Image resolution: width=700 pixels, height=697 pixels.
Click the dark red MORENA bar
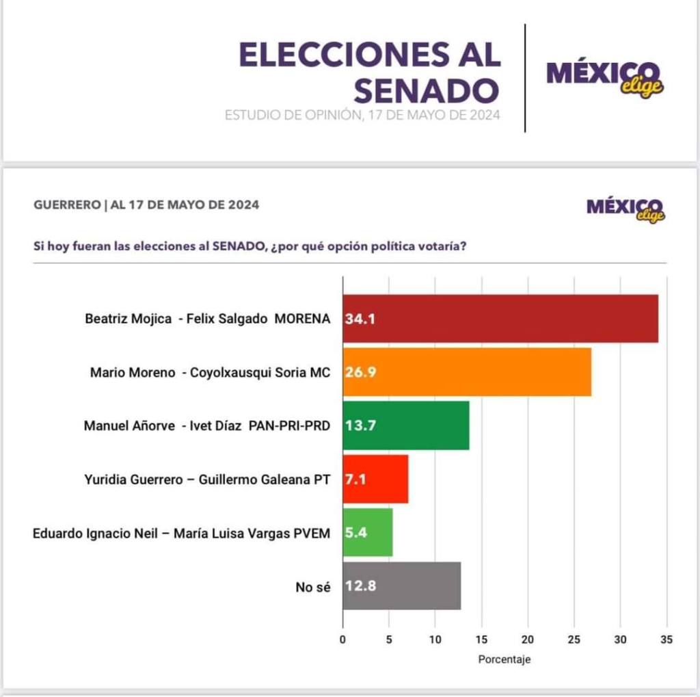click(500, 319)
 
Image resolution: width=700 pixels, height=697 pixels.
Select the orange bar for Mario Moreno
click(467, 372)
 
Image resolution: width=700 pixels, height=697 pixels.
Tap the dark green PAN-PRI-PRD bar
click(406, 425)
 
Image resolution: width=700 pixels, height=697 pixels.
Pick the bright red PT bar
click(375, 479)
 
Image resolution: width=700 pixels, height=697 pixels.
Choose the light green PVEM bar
click(368, 532)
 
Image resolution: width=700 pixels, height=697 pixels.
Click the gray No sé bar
click(402, 586)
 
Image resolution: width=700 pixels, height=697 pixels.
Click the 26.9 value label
click(360, 372)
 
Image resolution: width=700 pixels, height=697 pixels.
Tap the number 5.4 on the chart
click(356, 532)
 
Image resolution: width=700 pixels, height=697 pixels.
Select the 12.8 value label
click(360, 586)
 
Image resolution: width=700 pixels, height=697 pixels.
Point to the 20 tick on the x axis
click(527, 640)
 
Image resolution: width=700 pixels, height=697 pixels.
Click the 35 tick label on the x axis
click(667, 640)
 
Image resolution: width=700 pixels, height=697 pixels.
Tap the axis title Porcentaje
click(504, 660)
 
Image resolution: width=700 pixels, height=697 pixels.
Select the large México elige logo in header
click(605, 78)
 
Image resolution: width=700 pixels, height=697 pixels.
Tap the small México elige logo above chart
click(625, 209)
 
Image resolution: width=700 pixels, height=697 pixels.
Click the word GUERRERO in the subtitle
click(66, 205)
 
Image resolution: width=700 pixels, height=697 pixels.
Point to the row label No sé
click(314, 586)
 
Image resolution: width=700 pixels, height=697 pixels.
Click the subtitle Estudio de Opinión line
click(362, 116)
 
